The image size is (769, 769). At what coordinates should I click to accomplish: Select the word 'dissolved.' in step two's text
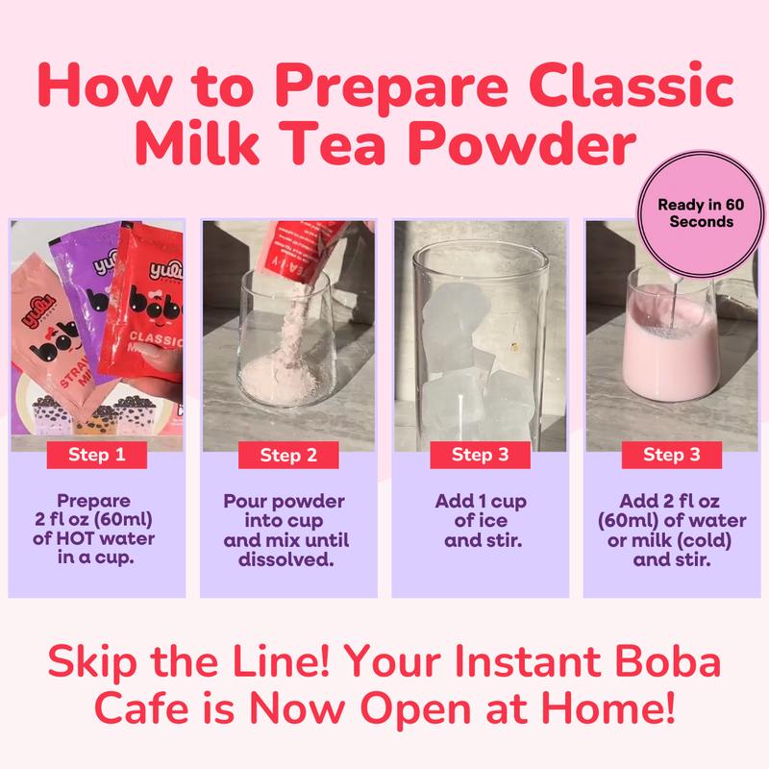287,558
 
